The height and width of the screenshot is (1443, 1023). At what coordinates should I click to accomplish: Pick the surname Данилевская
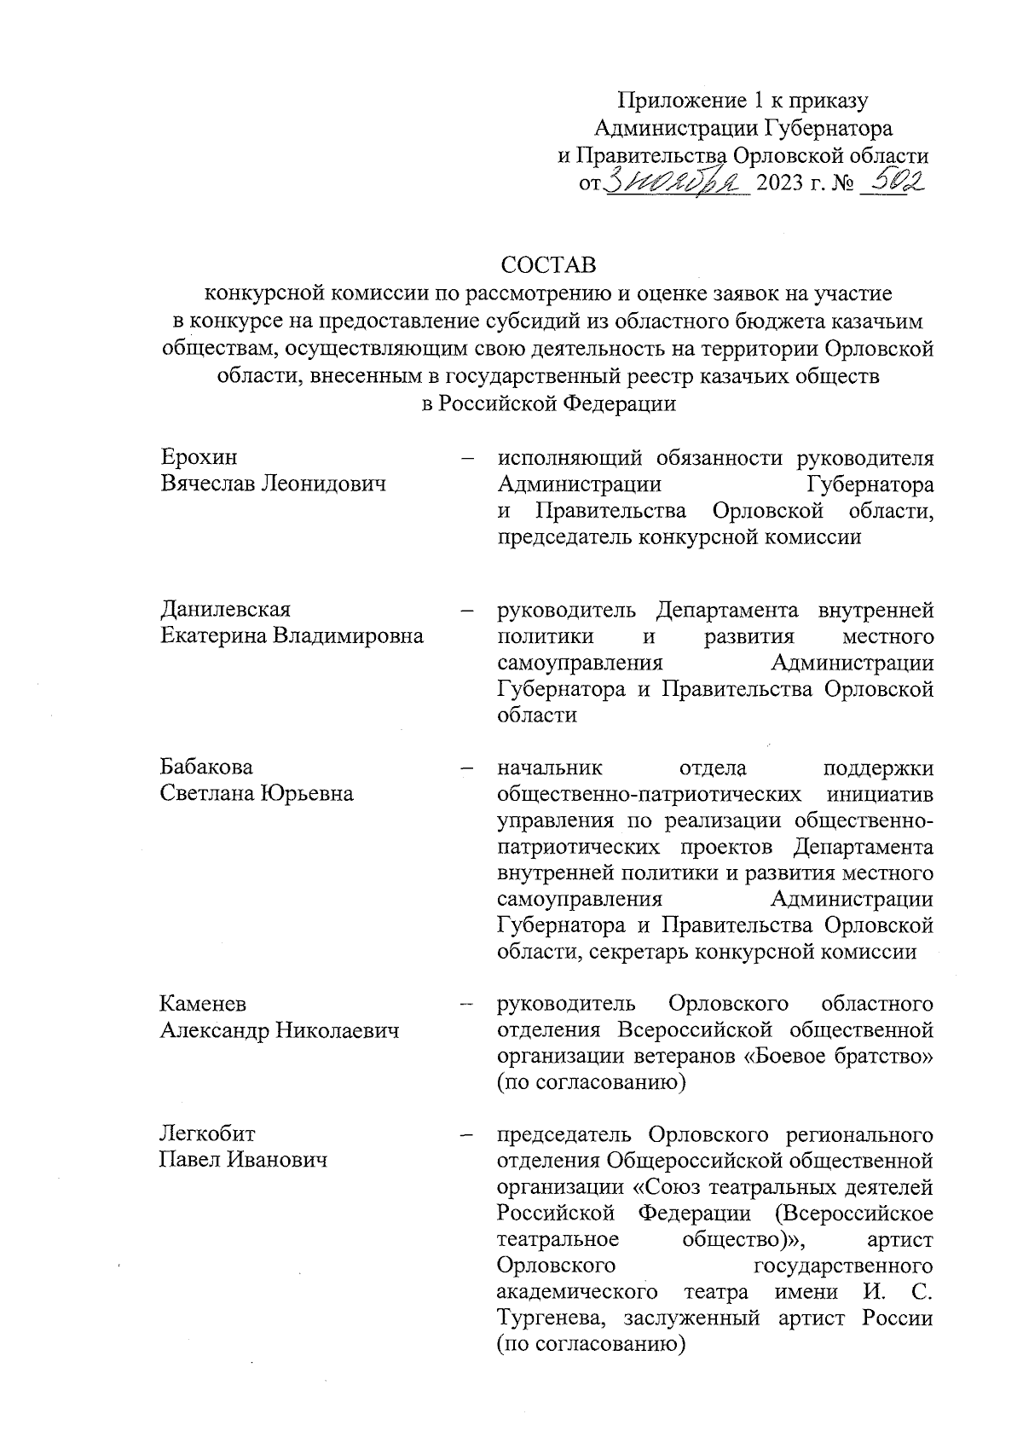click(226, 610)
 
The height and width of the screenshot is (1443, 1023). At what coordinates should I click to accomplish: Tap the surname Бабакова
click(207, 768)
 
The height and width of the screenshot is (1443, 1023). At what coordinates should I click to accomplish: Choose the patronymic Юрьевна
click(307, 794)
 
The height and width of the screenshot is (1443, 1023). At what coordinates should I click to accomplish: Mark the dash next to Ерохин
click(467, 459)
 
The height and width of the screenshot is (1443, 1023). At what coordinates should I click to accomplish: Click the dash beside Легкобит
click(467, 1136)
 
